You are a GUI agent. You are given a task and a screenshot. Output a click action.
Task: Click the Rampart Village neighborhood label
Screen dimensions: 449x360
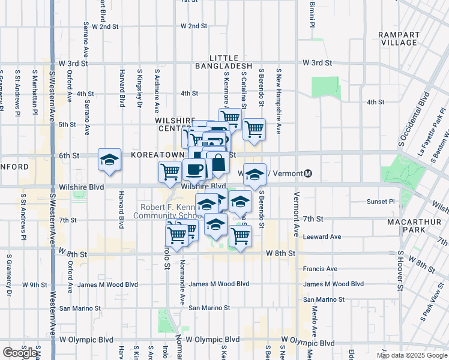tap(399, 38)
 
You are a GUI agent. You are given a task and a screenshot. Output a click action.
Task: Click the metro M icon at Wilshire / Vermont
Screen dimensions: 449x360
tap(308, 173)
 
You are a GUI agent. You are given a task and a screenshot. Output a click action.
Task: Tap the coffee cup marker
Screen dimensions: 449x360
tap(194, 169)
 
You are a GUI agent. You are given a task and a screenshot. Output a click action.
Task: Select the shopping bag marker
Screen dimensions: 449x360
tap(218, 162)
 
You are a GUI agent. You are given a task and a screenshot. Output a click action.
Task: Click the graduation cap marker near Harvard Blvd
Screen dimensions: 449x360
tap(109, 160)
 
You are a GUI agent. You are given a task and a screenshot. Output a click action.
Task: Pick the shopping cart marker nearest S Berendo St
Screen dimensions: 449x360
tap(255, 127)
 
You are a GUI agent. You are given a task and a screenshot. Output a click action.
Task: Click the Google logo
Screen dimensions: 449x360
tap(20, 352)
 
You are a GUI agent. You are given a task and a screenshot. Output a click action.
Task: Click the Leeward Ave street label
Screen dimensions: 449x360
tap(322, 236)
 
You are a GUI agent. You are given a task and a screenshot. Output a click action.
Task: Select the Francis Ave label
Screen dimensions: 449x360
tap(320, 269)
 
